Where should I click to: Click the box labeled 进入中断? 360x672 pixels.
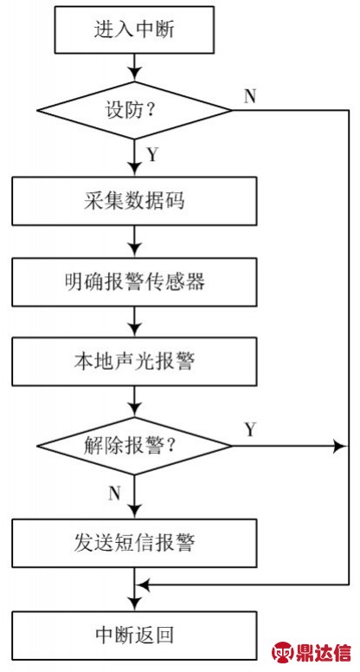(134, 29)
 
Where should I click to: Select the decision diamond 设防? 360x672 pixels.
(134, 111)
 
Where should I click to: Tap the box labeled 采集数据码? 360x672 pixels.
(134, 201)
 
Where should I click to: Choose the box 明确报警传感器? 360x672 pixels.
(134, 281)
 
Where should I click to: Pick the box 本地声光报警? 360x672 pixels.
(134, 361)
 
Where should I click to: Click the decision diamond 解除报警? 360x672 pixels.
(134, 446)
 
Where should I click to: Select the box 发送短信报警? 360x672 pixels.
(134, 543)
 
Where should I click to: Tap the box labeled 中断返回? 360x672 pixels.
(134, 635)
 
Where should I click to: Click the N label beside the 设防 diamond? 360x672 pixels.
(249, 96)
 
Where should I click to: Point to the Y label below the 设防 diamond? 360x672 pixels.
(153, 155)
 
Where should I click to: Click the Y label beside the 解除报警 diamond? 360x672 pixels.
(250, 429)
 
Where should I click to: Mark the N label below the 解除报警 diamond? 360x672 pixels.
(114, 494)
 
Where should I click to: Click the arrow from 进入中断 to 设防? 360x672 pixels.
(134, 68)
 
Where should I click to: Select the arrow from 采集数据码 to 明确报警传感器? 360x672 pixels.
(134, 242)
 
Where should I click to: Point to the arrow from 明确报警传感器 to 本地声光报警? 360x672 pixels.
(134, 321)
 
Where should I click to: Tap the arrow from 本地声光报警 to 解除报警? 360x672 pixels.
(134, 401)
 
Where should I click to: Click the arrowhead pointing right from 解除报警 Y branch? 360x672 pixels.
(340, 446)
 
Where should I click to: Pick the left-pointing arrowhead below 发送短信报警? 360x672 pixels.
(143, 585)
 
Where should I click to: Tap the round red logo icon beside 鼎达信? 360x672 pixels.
(283, 652)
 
